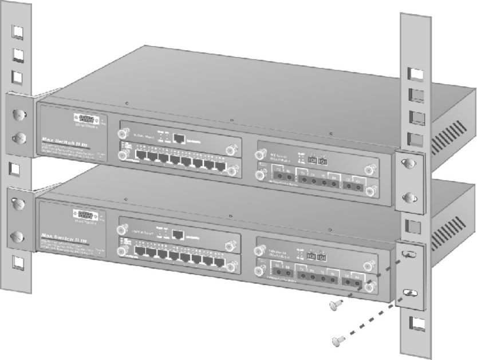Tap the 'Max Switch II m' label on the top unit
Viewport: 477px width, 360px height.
[59, 140]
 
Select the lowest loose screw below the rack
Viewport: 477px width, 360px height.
[338, 342]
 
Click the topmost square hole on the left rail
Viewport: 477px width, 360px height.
[18, 31]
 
